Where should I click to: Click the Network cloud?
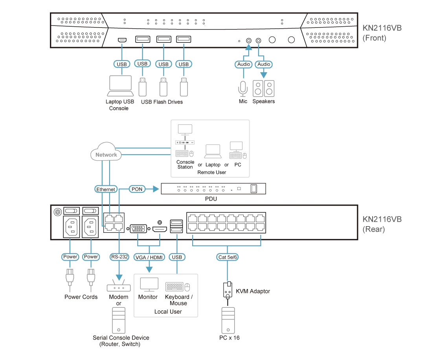(x=106, y=152)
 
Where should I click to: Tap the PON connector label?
(x=137, y=189)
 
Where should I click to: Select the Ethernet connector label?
(x=106, y=189)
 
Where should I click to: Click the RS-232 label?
(x=119, y=257)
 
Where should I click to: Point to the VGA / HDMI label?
(x=149, y=257)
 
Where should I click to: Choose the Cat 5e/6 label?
(x=228, y=257)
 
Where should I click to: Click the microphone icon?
(x=243, y=89)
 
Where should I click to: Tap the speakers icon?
(x=263, y=88)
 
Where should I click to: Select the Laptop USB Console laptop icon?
(x=120, y=86)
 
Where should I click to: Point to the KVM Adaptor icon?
(x=228, y=290)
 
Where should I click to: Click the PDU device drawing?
(x=213, y=189)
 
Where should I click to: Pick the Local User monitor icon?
(x=149, y=285)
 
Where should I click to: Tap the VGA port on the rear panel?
(x=139, y=228)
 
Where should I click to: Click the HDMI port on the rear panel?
(x=160, y=229)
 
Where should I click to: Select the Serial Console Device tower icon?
(x=119, y=320)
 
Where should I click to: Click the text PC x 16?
(x=230, y=338)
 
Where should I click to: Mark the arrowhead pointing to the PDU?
(x=156, y=189)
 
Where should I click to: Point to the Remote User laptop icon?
(x=213, y=151)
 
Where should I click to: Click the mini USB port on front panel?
(x=122, y=40)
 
